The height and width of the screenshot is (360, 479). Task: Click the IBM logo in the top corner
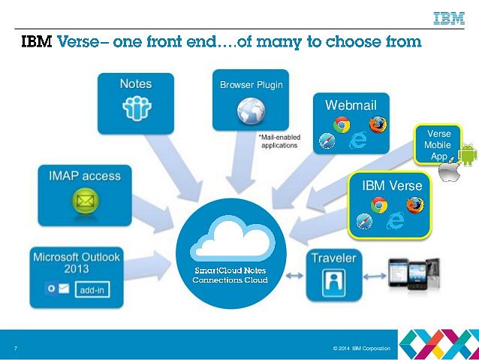[449, 18]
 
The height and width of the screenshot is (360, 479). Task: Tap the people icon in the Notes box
[137, 108]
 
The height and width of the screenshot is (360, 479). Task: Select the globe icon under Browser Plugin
[251, 111]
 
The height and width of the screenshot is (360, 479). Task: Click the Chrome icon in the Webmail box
[342, 125]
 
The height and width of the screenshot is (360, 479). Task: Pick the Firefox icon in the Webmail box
[378, 125]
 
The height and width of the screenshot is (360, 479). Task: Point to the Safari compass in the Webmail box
[327, 141]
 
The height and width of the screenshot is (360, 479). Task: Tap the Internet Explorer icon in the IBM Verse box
[396, 220]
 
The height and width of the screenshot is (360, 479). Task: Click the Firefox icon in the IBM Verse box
[415, 205]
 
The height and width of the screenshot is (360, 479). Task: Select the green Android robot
[468, 155]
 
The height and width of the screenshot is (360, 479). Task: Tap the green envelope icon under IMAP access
[86, 201]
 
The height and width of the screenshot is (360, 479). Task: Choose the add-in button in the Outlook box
[92, 289]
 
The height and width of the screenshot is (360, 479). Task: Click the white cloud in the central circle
[232, 238]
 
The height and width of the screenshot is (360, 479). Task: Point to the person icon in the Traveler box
[334, 283]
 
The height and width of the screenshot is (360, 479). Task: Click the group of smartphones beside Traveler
[414, 274]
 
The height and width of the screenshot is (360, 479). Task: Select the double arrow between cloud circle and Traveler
[294, 276]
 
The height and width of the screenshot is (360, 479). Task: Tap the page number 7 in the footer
[16, 348]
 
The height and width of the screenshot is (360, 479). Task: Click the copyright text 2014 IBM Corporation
[362, 349]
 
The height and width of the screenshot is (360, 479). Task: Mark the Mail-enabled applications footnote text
[279, 141]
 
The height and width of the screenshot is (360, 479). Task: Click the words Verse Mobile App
[438, 144]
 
